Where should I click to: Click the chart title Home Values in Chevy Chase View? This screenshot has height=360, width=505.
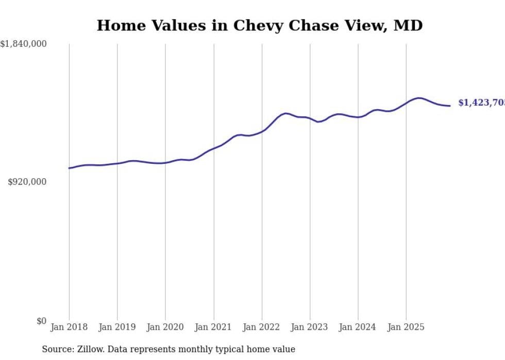[x=259, y=25]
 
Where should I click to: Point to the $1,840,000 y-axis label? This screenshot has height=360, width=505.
[x=24, y=44]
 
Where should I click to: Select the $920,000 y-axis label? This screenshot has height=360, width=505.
[x=27, y=182]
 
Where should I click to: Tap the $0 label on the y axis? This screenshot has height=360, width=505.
[x=41, y=321]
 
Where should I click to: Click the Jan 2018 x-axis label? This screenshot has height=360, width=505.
[x=69, y=327]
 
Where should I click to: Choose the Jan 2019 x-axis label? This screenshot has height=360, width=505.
[x=117, y=327]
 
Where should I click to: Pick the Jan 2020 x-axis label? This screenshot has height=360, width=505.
[x=165, y=327]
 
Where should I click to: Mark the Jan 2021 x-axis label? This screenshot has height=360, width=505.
[x=213, y=327]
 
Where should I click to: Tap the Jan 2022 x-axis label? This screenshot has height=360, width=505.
[x=262, y=327]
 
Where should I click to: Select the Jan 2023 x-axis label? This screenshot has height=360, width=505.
[x=310, y=327]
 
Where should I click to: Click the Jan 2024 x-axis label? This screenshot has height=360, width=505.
[x=358, y=327]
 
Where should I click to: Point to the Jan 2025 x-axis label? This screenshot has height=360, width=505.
[x=406, y=327]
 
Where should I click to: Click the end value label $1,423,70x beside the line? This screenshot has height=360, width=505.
[x=481, y=103]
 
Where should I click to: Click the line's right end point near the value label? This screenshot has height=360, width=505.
[x=450, y=106]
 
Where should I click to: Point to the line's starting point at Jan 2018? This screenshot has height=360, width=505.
[x=69, y=168]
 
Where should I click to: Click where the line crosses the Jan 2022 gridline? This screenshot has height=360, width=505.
[x=262, y=131]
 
